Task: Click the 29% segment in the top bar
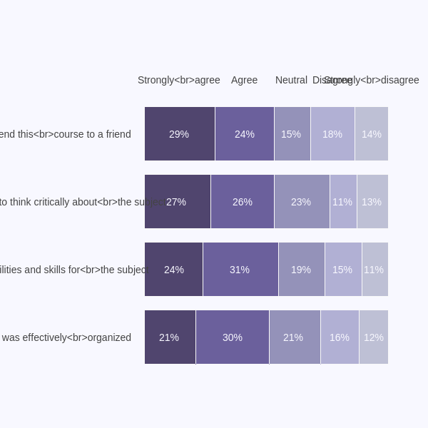click(x=180, y=134)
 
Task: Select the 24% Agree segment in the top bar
click(x=245, y=134)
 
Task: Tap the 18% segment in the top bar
click(x=332, y=134)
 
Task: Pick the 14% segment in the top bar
click(x=372, y=134)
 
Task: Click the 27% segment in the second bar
click(x=177, y=202)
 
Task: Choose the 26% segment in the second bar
click(x=243, y=202)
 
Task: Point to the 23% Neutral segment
click(x=302, y=202)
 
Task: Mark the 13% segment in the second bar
click(x=372, y=202)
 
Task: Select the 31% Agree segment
click(x=240, y=270)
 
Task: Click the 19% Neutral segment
click(x=302, y=270)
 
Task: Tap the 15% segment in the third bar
click(x=343, y=270)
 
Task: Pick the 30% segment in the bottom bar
click(x=233, y=337)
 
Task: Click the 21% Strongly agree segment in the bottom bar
click(x=170, y=337)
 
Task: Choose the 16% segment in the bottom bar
click(x=340, y=337)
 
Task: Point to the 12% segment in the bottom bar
click(x=374, y=337)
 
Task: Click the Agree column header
click(x=244, y=80)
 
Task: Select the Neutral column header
click(x=291, y=80)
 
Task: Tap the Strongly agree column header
click(x=178, y=80)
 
